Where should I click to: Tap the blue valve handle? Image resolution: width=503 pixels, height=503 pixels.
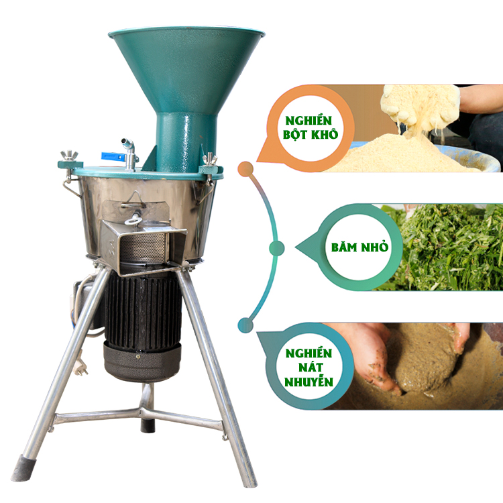[112, 156]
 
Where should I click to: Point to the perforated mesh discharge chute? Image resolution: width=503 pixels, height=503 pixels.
[144, 247]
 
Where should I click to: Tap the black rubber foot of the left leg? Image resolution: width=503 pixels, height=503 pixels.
[23, 468]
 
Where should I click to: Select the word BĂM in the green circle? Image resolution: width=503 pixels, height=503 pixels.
[344, 247]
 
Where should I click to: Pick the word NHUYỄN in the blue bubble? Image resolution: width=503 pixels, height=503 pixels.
[309, 382]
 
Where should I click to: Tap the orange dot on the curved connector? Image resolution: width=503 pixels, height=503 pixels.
[245, 169]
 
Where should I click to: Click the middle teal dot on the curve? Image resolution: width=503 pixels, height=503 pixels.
[276, 247]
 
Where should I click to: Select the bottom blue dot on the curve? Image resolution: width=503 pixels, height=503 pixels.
[245, 325]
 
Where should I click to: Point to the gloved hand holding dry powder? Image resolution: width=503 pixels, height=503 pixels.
[421, 106]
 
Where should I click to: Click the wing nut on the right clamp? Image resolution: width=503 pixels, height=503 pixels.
[210, 158]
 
